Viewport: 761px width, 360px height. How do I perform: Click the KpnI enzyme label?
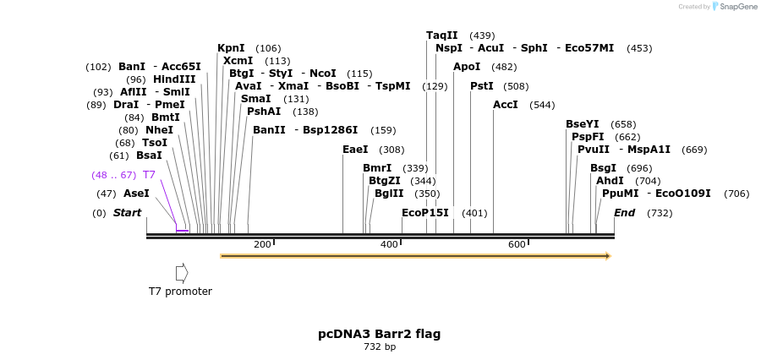231,48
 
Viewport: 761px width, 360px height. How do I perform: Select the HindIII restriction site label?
174,79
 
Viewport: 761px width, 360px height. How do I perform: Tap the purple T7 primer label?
149,175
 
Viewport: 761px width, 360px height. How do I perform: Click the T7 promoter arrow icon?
182,273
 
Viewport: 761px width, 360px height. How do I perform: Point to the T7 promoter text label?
180,292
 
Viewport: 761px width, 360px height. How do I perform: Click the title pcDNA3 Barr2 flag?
379,334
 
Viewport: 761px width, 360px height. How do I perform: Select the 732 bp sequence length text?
380,346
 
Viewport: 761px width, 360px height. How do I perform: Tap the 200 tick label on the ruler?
262,244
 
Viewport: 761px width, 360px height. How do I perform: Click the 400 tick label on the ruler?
389,244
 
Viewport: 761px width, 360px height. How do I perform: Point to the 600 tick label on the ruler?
517,244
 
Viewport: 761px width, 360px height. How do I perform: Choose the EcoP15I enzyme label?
425,213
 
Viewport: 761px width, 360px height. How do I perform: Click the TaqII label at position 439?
441,35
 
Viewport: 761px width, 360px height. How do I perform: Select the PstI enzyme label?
482,86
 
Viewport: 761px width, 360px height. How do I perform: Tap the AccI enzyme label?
506,105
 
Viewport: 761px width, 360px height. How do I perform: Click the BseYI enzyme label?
583,124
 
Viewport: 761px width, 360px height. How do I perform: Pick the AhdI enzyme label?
610,181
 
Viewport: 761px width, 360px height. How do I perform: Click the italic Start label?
127,213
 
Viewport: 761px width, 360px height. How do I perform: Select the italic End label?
624,213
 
